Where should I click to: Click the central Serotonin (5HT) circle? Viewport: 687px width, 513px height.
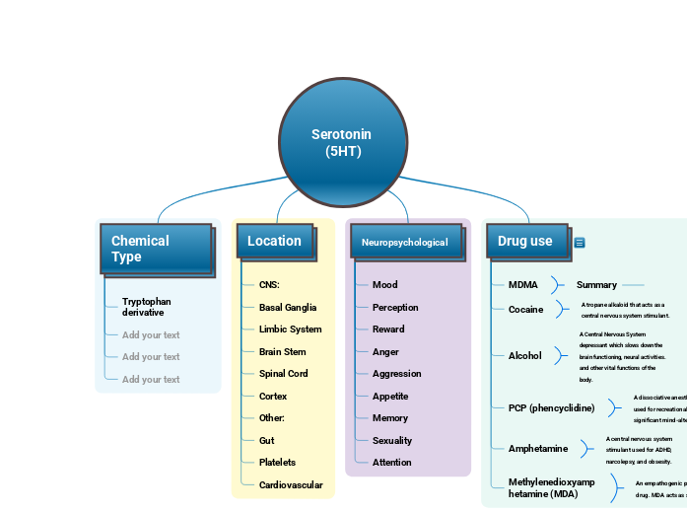[x=342, y=142]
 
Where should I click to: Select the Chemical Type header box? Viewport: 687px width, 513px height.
[x=156, y=249]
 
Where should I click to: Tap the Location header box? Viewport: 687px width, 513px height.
[x=275, y=241]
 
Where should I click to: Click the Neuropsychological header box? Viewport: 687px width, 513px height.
[x=405, y=242]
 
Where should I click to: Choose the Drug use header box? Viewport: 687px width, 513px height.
[x=526, y=241]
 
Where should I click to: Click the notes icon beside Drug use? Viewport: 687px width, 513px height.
[x=580, y=243]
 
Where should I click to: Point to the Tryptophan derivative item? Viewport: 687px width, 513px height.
[x=146, y=307]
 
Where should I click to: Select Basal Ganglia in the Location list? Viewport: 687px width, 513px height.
[x=288, y=308]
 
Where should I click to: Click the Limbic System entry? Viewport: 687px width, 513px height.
[x=290, y=330]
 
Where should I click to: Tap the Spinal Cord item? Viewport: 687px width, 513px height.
[x=283, y=374]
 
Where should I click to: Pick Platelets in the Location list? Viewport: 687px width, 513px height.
[x=277, y=463]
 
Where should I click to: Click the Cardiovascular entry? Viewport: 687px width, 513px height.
[x=290, y=484]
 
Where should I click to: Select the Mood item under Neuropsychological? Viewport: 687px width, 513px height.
[x=384, y=285]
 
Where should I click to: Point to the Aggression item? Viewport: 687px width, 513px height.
[x=396, y=374]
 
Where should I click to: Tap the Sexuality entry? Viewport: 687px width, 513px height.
[x=392, y=441]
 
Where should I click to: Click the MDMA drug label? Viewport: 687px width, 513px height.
[x=522, y=285]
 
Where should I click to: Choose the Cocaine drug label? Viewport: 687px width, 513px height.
[x=525, y=310]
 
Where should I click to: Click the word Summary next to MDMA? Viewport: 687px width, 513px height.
[x=596, y=285]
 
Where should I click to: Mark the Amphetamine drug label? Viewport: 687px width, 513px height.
[x=537, y=449]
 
